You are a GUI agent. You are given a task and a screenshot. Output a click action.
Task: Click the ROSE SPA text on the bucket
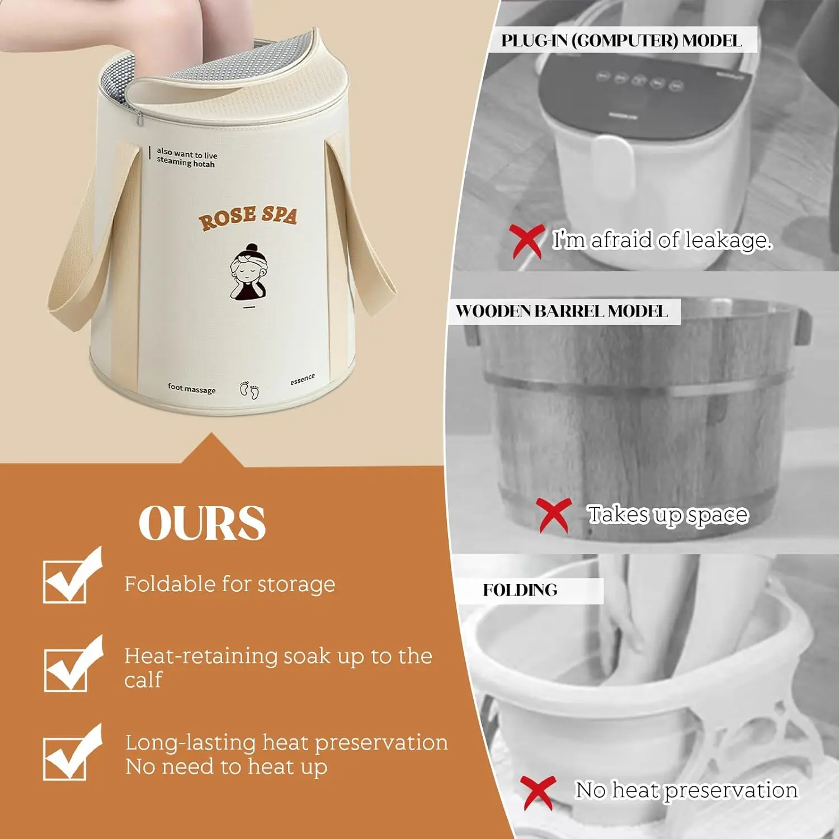coord(248,217)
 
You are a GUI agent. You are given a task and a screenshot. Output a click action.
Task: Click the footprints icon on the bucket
coord(249,390)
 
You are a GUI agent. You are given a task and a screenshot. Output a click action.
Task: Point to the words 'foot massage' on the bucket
coord(191,388)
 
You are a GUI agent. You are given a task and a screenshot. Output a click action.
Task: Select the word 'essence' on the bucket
coord(303,379)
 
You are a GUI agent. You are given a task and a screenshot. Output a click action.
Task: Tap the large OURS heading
coord(202,523)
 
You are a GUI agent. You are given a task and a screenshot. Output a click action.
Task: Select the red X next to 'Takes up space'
coord(554,515)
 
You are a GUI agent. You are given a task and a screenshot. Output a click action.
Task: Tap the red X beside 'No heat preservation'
coord(538,793)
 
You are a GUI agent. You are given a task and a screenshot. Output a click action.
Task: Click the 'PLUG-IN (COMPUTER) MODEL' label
coord(621,40)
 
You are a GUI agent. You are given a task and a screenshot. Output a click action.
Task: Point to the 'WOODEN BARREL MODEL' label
coord(562,312)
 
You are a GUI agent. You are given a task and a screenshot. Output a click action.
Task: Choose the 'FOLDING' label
coord(520,590)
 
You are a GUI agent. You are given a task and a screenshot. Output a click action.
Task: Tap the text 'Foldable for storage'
coord(230,585)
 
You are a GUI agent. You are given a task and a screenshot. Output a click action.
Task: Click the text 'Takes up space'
coord(668,515)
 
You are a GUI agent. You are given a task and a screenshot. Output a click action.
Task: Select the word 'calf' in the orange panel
coord(143,680)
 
